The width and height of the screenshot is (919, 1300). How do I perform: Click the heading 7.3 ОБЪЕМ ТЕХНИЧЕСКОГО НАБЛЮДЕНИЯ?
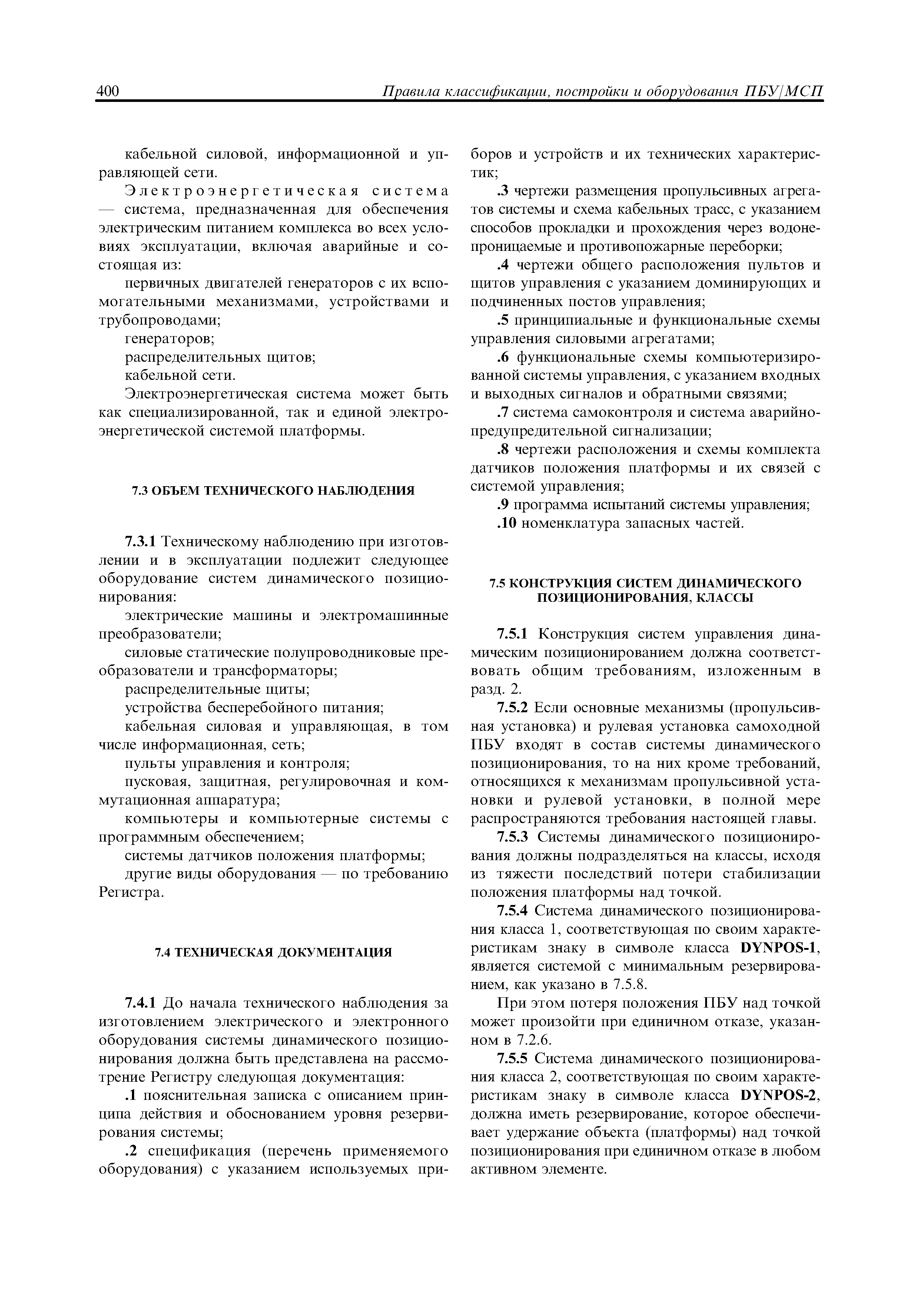point(273,490)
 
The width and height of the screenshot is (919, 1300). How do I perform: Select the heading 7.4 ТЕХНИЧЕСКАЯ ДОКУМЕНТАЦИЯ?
point(273,952)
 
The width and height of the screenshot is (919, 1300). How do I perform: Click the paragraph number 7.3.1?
point(143,542)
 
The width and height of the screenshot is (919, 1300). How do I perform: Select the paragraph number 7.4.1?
point(143,1003)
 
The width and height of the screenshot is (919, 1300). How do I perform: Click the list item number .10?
point(506,523)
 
